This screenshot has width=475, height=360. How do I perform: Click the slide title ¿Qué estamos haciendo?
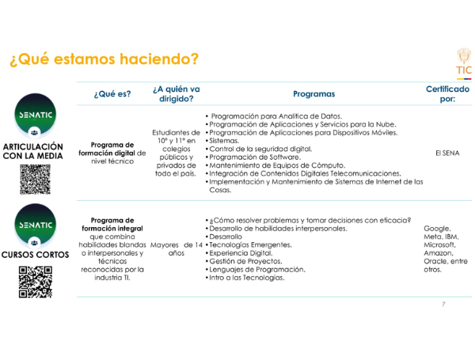click(x=101, y=59)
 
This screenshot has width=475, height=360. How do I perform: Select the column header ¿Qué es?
click(x=112, y=95)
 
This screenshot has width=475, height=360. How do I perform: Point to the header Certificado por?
click(x=447, y=94)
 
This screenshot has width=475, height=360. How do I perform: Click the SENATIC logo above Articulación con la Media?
click(x=35, y=121)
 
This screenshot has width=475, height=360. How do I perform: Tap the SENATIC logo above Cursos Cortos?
click(x=35, y=230)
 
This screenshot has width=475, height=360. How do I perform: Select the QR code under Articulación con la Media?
click(x=35, y=180)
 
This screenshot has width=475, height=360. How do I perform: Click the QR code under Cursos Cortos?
click(x=35, y=282)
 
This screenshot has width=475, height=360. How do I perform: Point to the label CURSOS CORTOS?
click(x=35, y=256)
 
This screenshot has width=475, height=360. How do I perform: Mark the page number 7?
click(x=443, y=305)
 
